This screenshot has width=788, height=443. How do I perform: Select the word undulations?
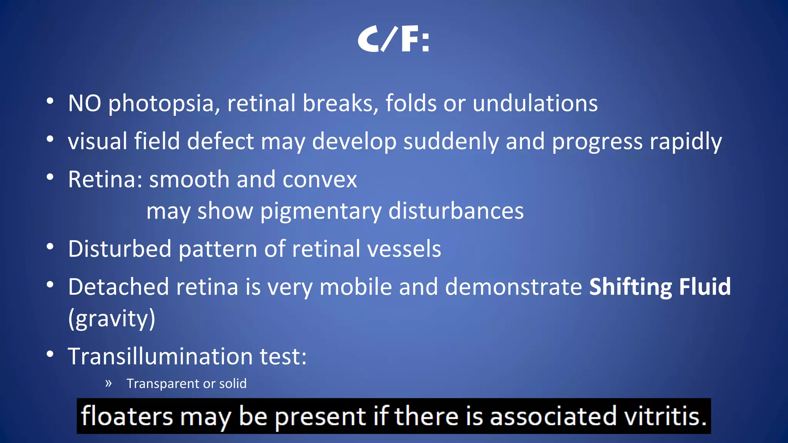point(535,103)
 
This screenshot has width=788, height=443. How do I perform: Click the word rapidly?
point(686,142)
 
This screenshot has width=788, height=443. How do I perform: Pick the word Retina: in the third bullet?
point(105,180)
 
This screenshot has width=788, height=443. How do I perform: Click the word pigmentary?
point(321,212)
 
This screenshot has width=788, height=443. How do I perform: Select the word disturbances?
point(456,211)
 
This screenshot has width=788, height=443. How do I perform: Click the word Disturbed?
point(120,249)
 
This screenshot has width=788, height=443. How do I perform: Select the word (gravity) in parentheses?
point(112,319)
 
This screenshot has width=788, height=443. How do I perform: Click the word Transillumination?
point(160,356)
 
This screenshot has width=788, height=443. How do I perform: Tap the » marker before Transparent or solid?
point(109,383)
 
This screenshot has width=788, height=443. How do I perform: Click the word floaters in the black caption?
point(127,416)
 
